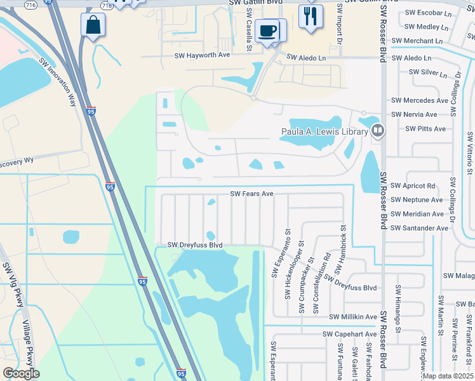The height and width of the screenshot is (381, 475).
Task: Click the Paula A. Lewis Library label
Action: click(x=324, y=132)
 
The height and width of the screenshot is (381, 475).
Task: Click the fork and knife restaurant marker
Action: click(x=310, y=16)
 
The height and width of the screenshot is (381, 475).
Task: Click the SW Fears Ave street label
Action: click(x=251, y=194)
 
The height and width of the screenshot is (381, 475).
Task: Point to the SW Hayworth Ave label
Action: click(x=202, y=55)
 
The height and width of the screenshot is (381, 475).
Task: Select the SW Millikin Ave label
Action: click(x=353, y=317)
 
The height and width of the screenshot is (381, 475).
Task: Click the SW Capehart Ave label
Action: click(x=349, y=334)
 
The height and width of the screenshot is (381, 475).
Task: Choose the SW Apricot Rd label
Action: click(x=413, y=186)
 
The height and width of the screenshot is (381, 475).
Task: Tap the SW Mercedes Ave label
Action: click(x=420, y=100)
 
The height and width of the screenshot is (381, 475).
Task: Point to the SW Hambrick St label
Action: click(x=343, y=244)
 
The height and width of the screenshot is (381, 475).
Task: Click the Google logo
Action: click(x=22, y=373)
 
